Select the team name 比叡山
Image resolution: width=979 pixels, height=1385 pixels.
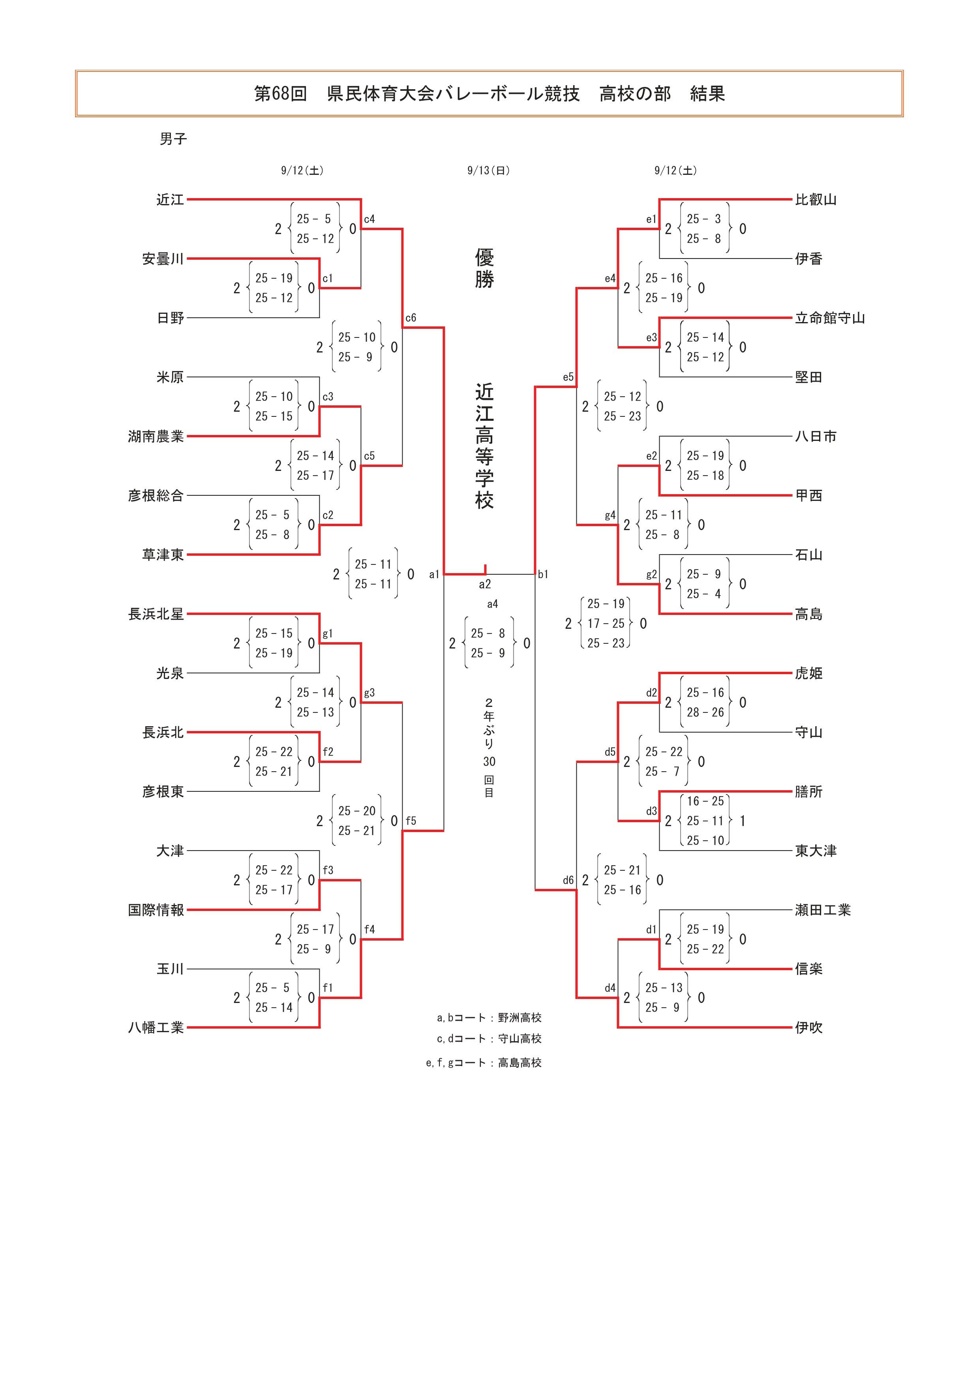click(x=816, y=200)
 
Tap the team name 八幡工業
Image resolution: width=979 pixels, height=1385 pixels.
click(x=156, y=1027)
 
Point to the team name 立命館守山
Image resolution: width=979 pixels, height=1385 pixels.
click(x=829, y=318)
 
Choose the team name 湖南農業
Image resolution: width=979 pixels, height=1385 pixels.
click(x=156, y=436)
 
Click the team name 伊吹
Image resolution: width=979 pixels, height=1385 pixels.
click(x=808, y=1027)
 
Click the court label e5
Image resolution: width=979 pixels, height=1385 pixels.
click(x=568, y=377)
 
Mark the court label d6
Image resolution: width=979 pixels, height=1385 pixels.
click(x=568, y=880)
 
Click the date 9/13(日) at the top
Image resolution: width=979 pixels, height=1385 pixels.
click(x=489, y=171)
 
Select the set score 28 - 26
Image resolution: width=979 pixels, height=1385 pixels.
click(x=705, y=712)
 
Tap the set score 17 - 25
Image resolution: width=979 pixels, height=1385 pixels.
click(x=606, y=623)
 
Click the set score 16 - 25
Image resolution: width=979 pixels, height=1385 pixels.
click(x=705, y=801)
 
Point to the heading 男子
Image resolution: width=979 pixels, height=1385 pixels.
click(x=173, y=139)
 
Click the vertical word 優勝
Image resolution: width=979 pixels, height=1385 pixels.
click(x=484, y=268)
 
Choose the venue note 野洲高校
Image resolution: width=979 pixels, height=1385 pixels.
click(x=520, y=1018)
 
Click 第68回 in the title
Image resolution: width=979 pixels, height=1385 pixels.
click(x=281, y=94)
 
